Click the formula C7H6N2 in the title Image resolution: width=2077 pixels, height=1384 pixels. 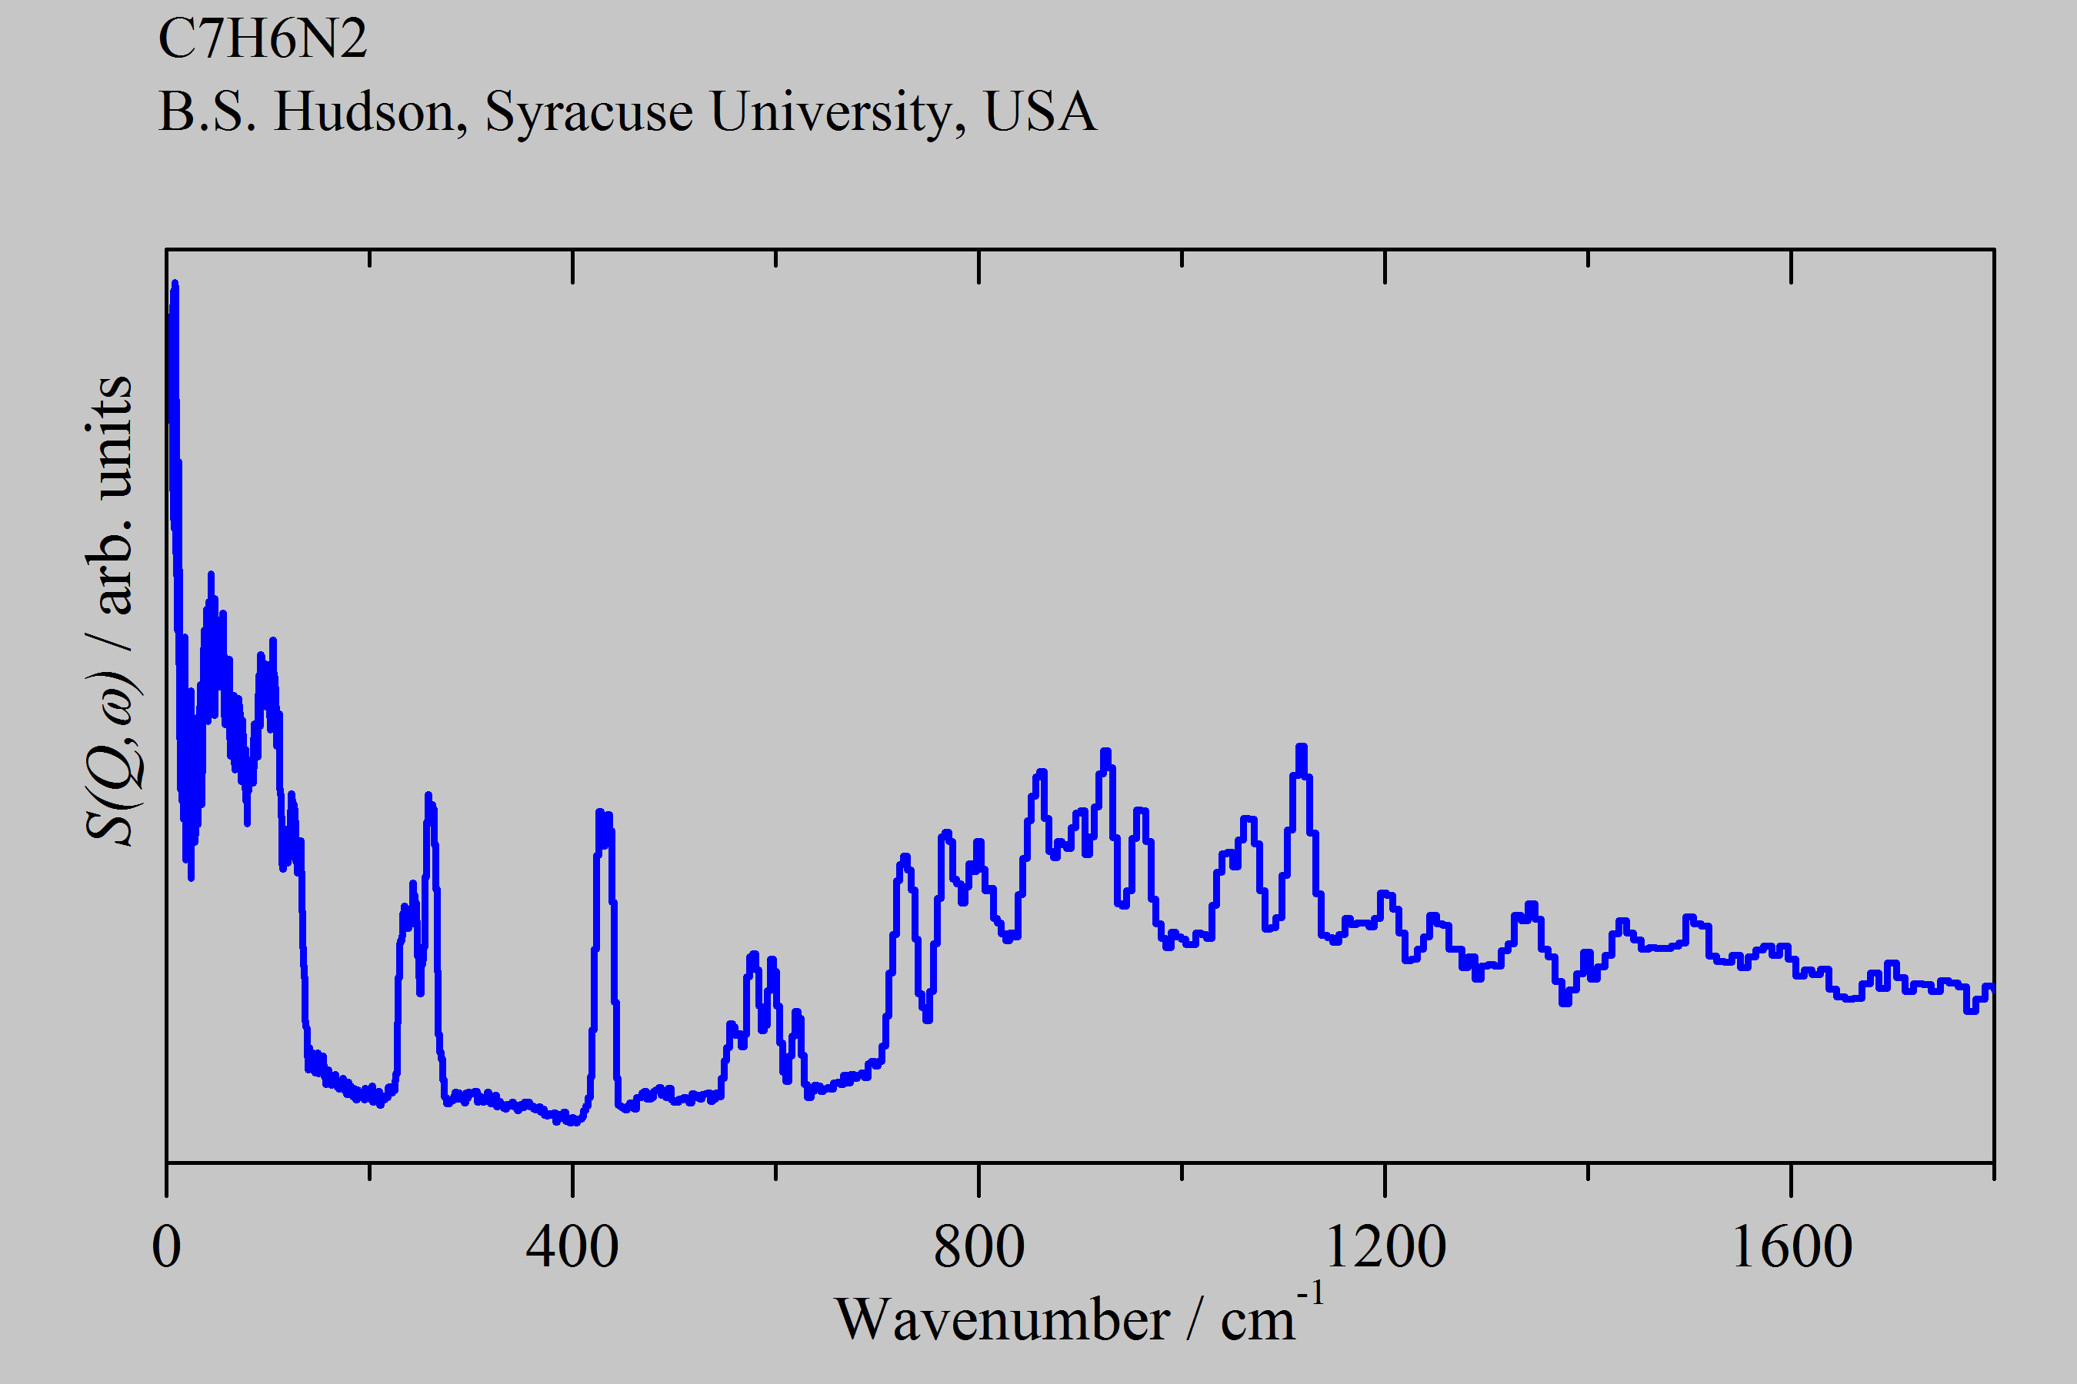click(x=262, y=39)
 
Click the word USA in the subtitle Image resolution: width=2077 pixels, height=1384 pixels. click(x=1040, y=112)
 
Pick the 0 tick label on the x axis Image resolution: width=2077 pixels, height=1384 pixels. click(x=166, y=1247)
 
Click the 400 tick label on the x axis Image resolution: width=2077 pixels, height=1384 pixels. click(x=572, y=1247)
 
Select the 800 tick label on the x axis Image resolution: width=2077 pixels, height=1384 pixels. click(x=978, y=1247)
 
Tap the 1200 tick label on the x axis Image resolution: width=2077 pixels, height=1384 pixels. click(x=1385, y=1247)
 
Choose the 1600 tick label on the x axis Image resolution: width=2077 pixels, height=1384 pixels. click(x=1791, y=1247)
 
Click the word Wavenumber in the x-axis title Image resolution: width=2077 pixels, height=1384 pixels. click(x=1002, y=1320)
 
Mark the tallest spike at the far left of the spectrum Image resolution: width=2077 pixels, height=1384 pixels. click(x=175, y=284)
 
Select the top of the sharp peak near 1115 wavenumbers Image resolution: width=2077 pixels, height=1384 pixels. click(x=1301, y=747)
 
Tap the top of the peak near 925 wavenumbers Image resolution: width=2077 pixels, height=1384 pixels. click(x=1105, y=753)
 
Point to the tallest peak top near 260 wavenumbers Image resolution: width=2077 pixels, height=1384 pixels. click(x=428, y=795)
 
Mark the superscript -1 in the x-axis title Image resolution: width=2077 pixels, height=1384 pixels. click(x=1311, y=1293)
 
